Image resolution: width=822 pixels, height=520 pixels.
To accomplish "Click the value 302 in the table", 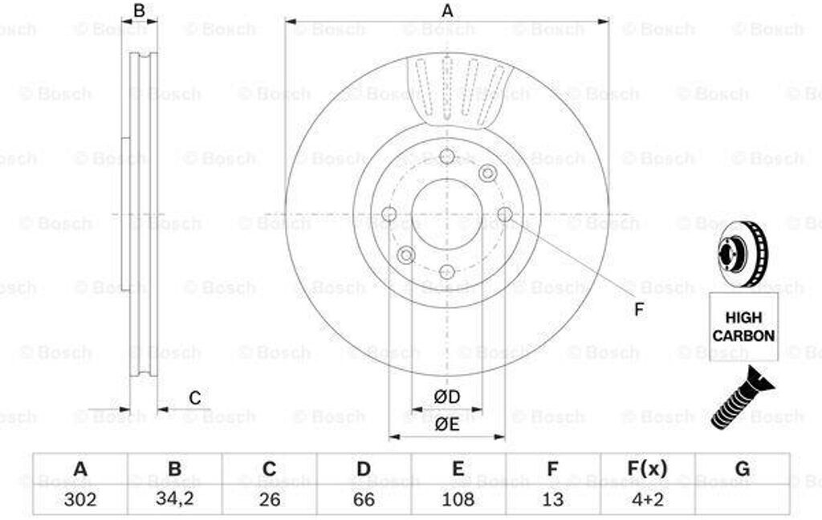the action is click(x=80, y=499).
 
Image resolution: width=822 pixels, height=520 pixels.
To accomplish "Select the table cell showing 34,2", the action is click(x=174, y=499).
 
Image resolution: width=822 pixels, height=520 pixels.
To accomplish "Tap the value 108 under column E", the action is click(x=458, y=499).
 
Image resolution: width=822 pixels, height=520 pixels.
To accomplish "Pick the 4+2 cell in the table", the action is click(x=648, y=499).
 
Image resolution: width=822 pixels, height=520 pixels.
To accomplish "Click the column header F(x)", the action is click(x=648, y=469).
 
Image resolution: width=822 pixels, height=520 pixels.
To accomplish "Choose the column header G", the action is click(x=743, y=469).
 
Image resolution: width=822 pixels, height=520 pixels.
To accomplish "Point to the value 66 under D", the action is click(x=364, y=499).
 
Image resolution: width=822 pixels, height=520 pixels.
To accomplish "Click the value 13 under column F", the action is click(x=552, y=499).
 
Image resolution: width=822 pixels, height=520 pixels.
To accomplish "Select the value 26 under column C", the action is click(x=270, y=499).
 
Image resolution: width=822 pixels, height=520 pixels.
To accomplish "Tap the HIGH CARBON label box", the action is click(x=743, y=327).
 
